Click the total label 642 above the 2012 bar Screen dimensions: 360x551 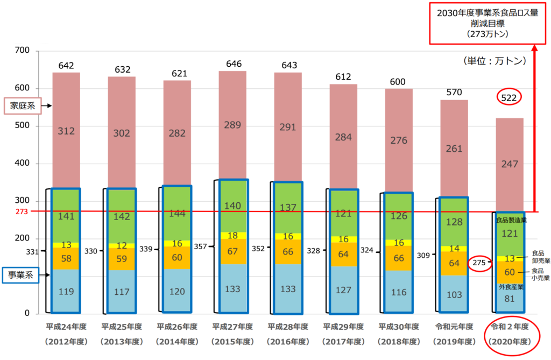(66, 65)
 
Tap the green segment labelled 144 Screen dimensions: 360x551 (177, 213)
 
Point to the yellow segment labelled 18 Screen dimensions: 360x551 (232, 235)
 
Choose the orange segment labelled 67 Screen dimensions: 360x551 (232, 251)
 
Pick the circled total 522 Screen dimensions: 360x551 (508, 98)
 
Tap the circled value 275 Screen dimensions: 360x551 (479, 263)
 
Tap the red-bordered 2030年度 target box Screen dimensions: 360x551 (488, 23)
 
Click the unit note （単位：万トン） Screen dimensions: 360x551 (493, 61)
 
